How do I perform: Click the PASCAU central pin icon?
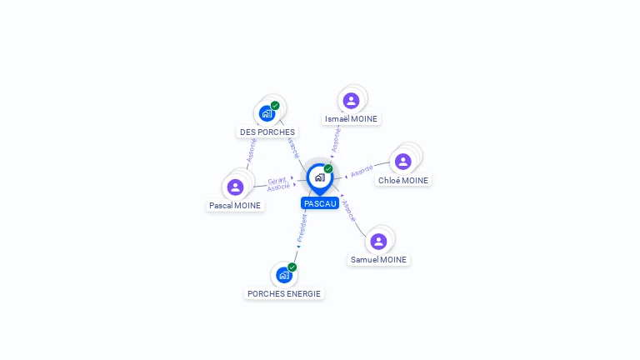pos(320,178)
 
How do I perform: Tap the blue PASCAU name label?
pos(320,203)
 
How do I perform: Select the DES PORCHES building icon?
pos(267,113)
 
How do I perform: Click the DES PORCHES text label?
pos(267,132)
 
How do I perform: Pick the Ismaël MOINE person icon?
pos(351,100)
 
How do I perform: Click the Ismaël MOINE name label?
pos(351,119)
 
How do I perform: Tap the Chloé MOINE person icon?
pos(402,162)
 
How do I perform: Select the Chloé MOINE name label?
pos(403,180)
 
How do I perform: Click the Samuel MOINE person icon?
pos(378,241)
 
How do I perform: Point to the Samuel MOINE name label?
pos(378,260)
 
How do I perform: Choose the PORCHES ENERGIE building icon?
pos(284,275)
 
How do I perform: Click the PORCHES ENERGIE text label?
pos(284,294)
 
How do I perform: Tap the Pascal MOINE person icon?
pos(235,187)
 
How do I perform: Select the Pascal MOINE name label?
pos(235,205)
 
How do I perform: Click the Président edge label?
pos(302,228)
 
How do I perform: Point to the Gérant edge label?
pos(277,181)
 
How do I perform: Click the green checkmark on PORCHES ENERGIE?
pos(292,267)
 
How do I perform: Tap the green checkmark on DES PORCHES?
pos(275,106)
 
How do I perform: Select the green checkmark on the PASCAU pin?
pos(328,168)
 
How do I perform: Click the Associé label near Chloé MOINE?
pos(362,171)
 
